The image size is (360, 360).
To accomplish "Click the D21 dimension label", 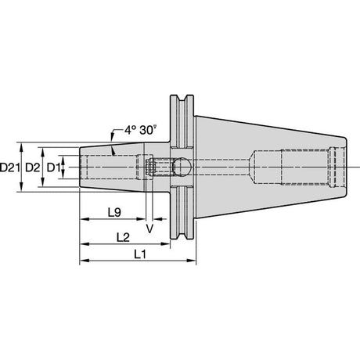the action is point(10,167).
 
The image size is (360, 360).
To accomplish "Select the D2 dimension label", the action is point(33,167).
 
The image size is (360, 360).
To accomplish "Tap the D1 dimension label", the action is point(53,167).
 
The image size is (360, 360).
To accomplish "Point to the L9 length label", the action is point(114,213).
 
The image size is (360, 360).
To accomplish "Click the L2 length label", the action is point(123,238).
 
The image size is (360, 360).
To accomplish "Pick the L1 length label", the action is point(140,254).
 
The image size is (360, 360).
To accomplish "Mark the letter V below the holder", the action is point(149,229).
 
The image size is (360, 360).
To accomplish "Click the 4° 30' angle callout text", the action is point(140,130).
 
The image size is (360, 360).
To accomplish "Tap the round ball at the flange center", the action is point(182,167).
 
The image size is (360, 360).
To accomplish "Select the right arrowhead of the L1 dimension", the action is point(192,261).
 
